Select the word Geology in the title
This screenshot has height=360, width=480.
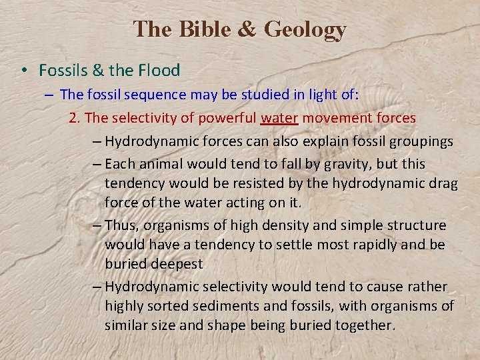[305, 29]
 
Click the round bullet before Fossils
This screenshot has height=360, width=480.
[23, 71]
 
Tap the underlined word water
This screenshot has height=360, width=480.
[281, 118]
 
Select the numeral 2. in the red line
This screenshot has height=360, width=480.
[75, 118]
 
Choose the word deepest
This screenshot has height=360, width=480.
[176, 264]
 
